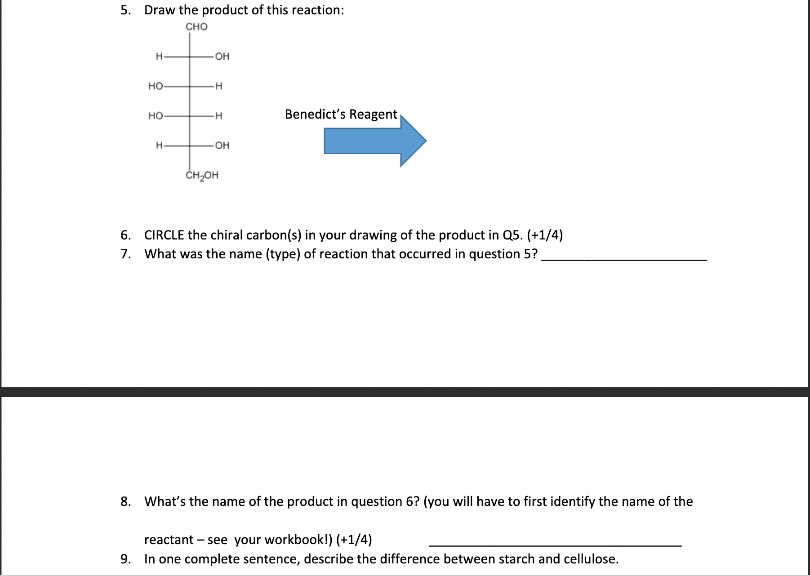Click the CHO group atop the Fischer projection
(x=196, y=27)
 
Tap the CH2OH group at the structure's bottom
(x=202, y=175)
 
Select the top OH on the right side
(x=222, y=57)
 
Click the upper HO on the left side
(x=156, y=86)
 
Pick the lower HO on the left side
(x=156, y=116)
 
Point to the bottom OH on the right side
(x=222, y=146)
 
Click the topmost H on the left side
(x=159, y=57)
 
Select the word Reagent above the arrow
(x=373, y=114)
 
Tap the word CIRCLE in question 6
(x=164, y=235)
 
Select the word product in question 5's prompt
(x=225, y=10)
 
